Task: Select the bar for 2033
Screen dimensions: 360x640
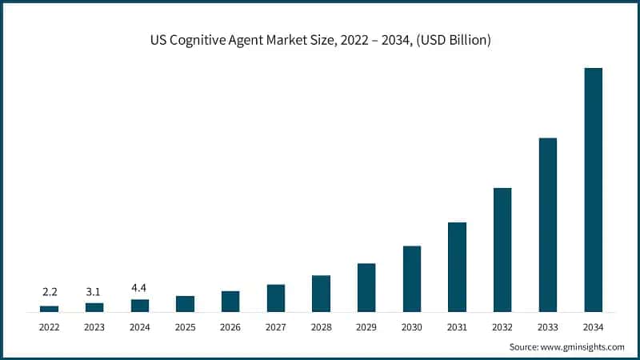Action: click(x=547, y=225)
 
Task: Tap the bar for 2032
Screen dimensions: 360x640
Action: click(x=502, y=250)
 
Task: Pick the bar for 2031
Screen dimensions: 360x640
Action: click(x=457, y=266)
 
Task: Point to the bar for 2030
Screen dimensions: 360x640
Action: click(x=411, y=278)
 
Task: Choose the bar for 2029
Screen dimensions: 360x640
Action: click(x=366, y=287)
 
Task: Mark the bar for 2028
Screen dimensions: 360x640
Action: click(x=321, y=293)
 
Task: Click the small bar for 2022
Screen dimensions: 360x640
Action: click(x=49, y=308)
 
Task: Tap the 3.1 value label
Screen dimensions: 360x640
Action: click(x=94, y=291)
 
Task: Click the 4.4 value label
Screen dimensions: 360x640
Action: click(x=140, y=288)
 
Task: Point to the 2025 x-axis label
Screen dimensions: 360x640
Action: click(x=185, y=327)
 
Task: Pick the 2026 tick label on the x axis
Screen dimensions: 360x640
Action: click(x=230, y=327)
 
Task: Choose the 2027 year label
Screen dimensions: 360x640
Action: click(x=276, y=327)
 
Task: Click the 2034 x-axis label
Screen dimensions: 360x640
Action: click(x=593, y=327)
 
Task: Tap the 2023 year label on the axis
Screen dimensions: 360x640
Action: click(x=94, y=327)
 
